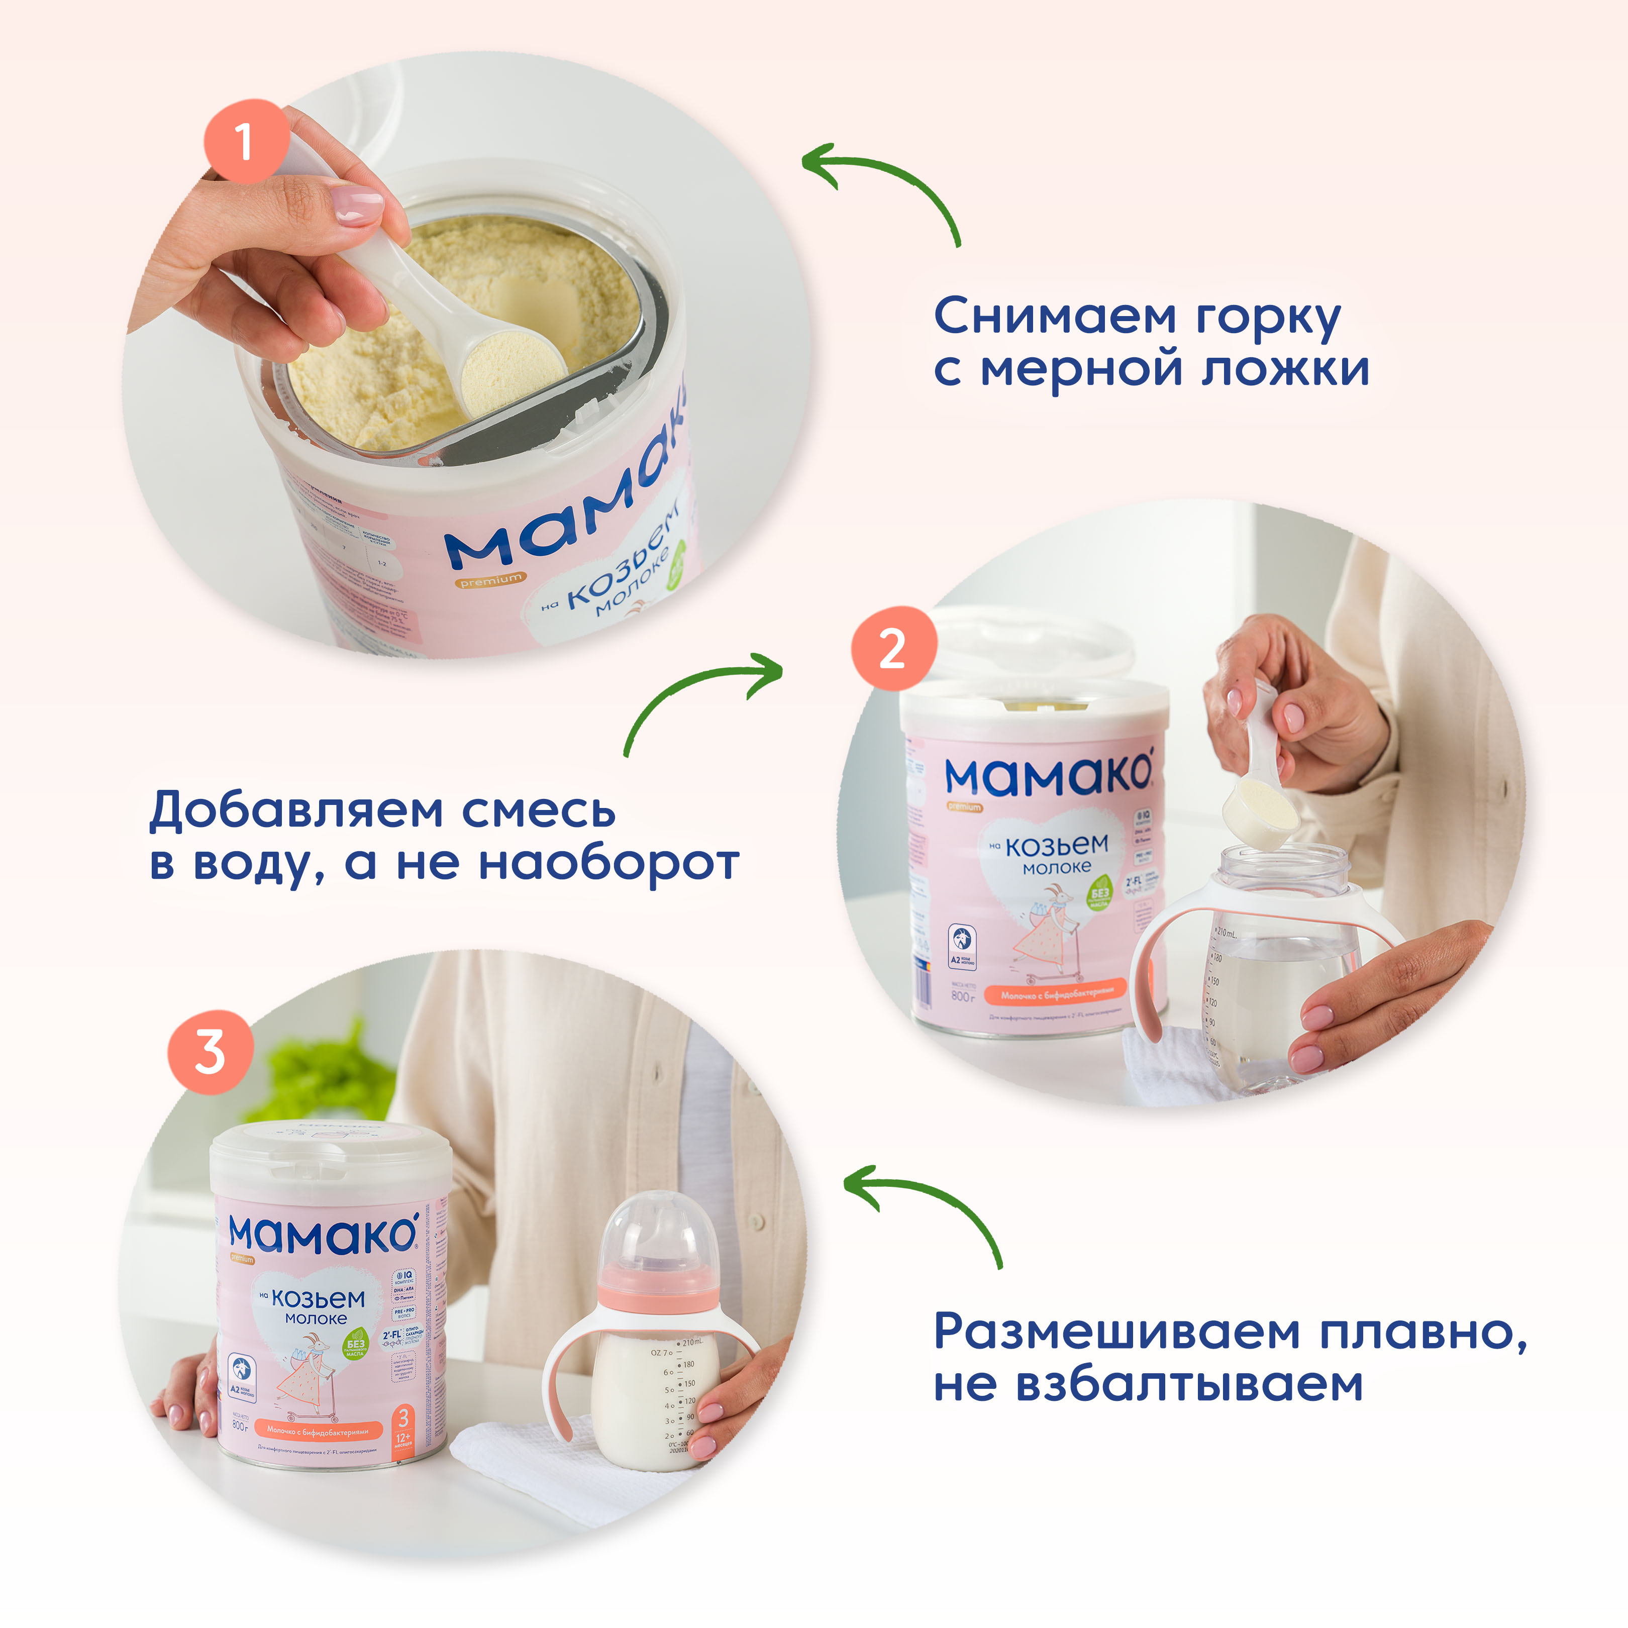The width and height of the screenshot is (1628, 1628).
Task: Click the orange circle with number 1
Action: coord(244,141)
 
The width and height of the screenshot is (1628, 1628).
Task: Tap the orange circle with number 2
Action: coord(893,649)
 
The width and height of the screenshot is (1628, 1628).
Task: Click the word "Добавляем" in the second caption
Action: coord(296,810)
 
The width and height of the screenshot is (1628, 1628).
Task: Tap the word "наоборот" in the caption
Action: coord(608,864)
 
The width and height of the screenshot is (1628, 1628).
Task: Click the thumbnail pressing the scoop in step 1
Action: coord(361,205)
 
